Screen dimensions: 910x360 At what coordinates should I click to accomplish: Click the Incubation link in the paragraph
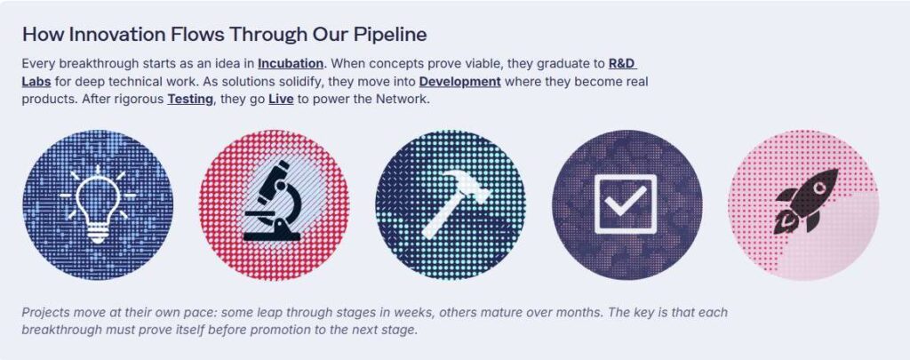[291, 63]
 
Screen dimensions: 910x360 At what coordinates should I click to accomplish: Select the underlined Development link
[459, 81]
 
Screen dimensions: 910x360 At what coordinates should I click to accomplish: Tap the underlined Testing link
[190, 100]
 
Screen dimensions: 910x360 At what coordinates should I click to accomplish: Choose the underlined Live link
[281, 100]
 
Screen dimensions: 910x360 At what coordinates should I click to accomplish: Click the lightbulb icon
[98, 204]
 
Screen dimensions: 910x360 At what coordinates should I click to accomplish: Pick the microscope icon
[272, 201]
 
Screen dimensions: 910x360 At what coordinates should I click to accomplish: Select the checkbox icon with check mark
[626, 204]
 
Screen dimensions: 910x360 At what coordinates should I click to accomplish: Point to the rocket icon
[807, 201]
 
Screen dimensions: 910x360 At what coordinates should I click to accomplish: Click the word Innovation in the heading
[117, 35]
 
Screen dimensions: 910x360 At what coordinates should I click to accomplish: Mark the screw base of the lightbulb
[98, 235]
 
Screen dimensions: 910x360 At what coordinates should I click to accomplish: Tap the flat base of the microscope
[272, 236]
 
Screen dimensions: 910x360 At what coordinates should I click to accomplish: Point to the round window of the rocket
[819, 188]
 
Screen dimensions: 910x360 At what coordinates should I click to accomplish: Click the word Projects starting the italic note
[45, 313]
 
